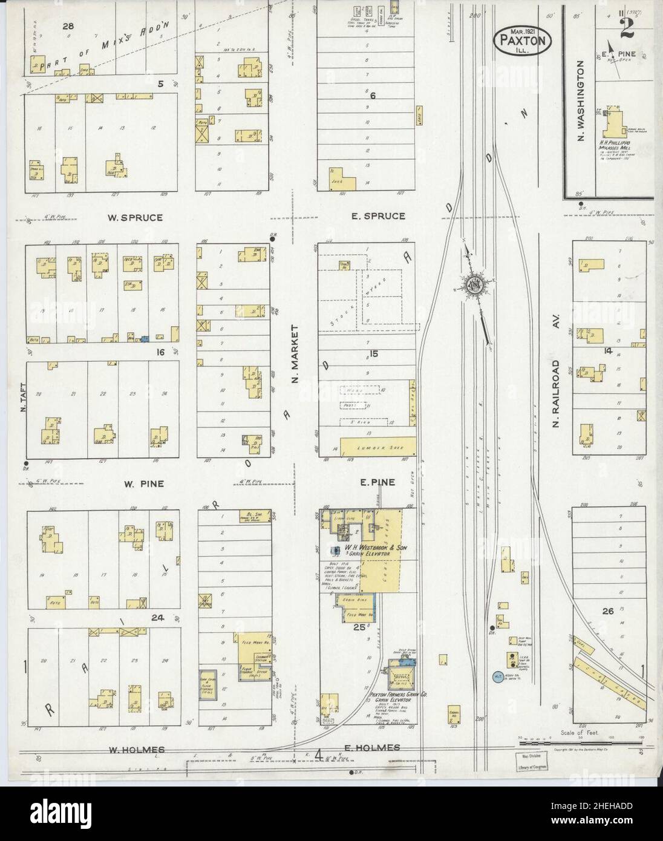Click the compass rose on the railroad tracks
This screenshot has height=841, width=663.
pos(472,284)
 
